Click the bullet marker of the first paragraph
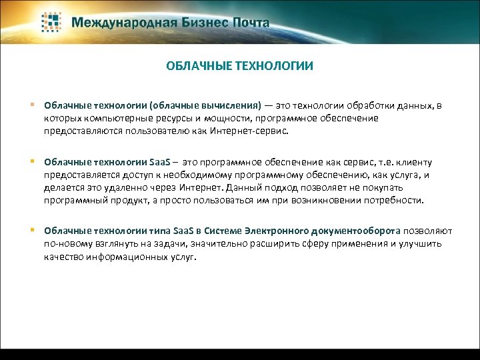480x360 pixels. pyautogui.click(x=33, y=105)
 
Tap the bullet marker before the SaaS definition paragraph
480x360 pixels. pyautogui.click(x=33, y=162)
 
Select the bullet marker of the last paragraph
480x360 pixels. pyautogui.click(x=33, y=231)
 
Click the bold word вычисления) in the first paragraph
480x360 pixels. pyautogui.click(x=230, y=106)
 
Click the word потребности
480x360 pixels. pyautogui.click(x=391, y=200)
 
